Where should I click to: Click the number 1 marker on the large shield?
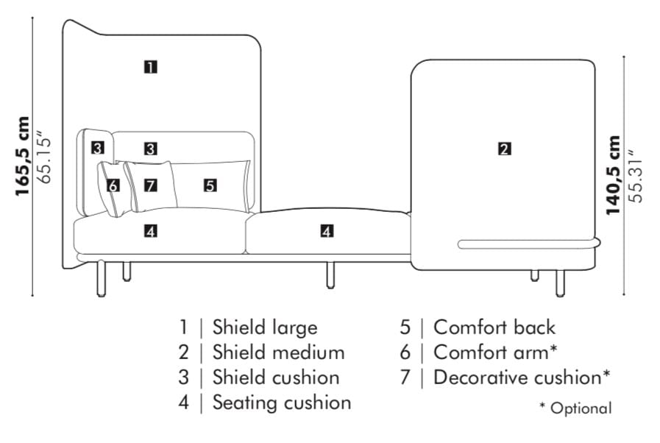[x=150, y=67]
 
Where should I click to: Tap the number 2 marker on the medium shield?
[x=504, y=149]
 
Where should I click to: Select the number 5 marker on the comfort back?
[x=210, y=185]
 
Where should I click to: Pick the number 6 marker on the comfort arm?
[x=113, y=185]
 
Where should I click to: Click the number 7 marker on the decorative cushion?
[x=151, y=185]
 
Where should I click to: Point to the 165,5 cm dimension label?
[x=24, y=156]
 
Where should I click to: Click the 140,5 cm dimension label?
[x=614, y=175]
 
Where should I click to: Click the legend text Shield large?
[x=265, y=327]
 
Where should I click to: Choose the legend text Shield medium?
[x=278, y=352]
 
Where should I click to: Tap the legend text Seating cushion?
[x=282, y=403]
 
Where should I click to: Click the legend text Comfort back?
[x=494, y=327]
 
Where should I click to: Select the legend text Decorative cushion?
[x=522, y=378]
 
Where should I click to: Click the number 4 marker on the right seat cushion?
[x=327, y=231]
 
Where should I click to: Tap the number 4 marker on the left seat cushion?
[x=150, y=231]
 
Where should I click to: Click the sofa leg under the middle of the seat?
[x=330, y=274]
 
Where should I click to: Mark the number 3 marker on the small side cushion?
[x=97, y=148]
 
